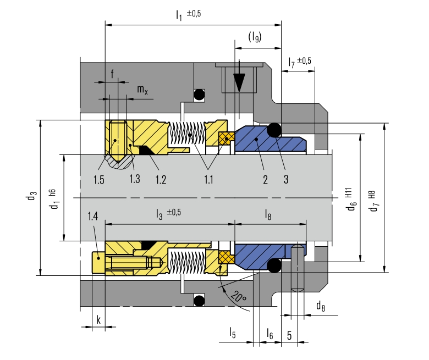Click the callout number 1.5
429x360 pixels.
[99, 180]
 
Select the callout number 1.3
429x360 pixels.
[135, 179]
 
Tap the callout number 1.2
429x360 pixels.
[161, 180]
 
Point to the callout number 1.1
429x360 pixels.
[208, 180]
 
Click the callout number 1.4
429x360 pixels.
[93, 216]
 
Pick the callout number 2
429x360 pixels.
[265, 180]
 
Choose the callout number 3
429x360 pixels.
[286, 179]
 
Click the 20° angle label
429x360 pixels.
[239, 297]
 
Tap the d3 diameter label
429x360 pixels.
[32, 196]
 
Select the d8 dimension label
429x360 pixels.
[321, 306]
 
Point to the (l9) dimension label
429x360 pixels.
[255, 37]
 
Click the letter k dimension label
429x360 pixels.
[98, 319]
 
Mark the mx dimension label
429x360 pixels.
[142, 90]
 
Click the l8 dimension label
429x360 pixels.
[268, 214]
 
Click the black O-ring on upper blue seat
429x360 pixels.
[274, 130]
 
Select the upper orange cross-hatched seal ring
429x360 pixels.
[227, 139]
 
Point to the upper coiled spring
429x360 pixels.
[188, 133]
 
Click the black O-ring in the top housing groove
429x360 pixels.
[199, 95]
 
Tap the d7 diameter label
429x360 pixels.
[373, 202]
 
